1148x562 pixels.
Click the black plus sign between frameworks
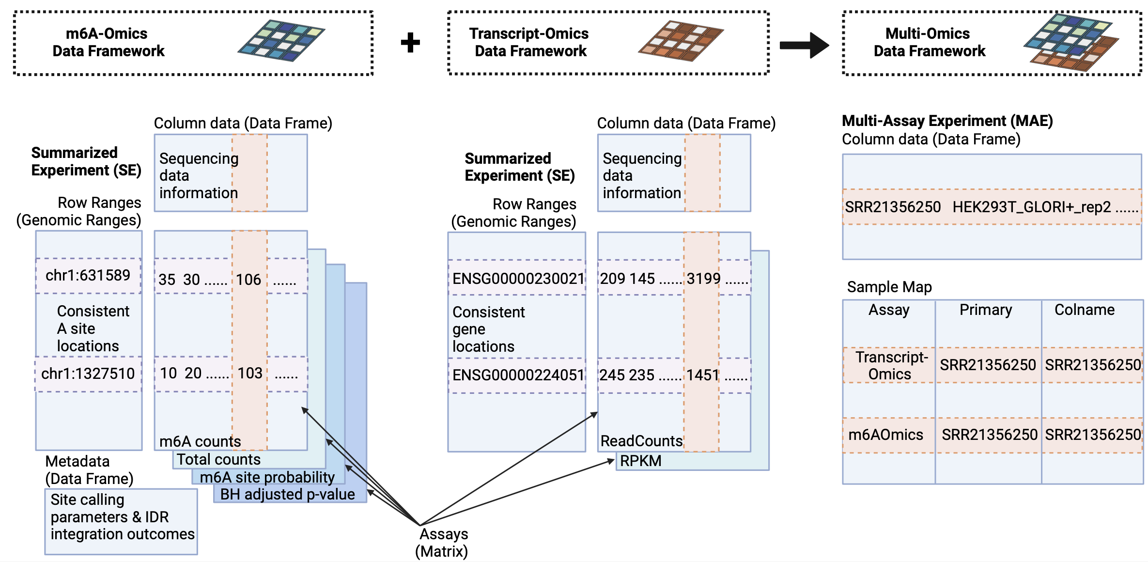pos(410,43)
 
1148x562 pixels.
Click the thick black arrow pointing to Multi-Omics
pos(804,45)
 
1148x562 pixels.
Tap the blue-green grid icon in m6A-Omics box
pos(281,41)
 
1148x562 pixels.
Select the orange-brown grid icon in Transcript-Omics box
pos(681,41)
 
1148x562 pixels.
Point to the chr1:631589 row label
pos(88,276)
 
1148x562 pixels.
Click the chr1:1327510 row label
pos(88,374)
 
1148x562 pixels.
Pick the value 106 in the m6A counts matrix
pos(248,280)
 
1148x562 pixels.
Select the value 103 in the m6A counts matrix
pos(250,373)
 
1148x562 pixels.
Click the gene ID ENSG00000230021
pos(518,279)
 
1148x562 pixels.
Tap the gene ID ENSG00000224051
pos(518,375)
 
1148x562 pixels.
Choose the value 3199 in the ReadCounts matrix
pos(703,279)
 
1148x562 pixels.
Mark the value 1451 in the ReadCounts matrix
pos(702,375)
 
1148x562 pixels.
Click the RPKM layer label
pos(640,461)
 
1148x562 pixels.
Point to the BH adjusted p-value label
pos(287,494)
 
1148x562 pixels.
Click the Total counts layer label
pos(218,459)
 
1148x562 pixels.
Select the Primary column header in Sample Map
pos(985,310)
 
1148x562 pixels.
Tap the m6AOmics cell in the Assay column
pos(885,435)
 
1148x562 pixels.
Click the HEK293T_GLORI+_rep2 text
pos(1031,207)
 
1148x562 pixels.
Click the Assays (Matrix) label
pos(442,543)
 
